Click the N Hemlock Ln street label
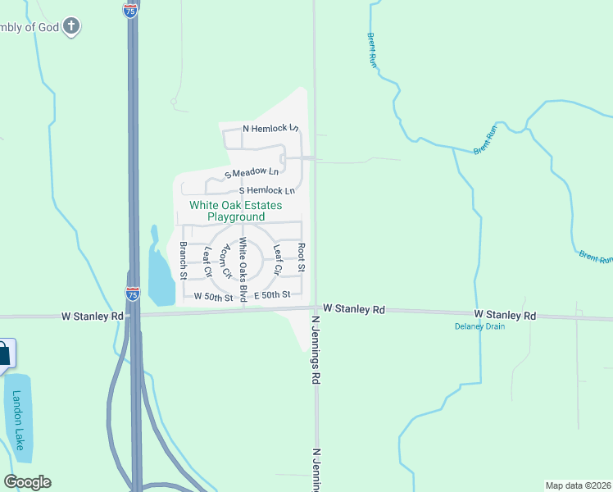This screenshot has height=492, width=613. pos(270,129)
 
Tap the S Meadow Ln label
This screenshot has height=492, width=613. pos(252,173)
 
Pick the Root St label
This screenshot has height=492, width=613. pos(302,257)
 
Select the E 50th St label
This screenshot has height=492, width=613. pos(273,294)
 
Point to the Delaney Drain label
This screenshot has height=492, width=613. pos(479,326)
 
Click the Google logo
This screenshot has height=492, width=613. pos(27,482)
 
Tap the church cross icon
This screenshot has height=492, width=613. pos(71,26)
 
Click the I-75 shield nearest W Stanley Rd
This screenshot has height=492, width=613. pos(133,292)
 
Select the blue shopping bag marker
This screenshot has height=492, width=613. pos(4,353)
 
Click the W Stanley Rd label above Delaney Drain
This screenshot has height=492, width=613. pos(505,315)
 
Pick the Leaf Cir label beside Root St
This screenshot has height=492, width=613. pos(278,259)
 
